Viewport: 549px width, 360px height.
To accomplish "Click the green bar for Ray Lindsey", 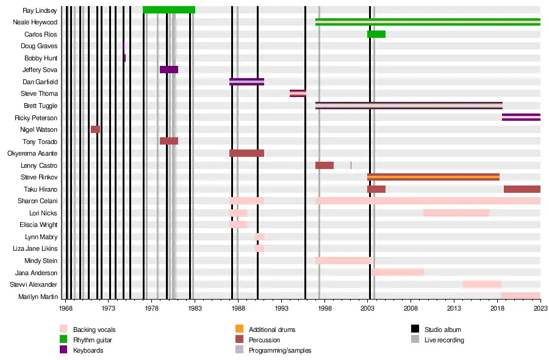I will coord(169,10).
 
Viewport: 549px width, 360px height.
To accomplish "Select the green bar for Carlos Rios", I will coord(376,34).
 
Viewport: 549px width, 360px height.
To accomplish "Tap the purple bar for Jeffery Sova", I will coord(169,70).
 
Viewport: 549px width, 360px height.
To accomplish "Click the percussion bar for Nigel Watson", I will coord(95,129).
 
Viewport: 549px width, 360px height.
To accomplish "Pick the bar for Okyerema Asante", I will coord(246,153).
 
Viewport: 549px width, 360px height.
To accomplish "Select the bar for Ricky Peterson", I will coord(521,117).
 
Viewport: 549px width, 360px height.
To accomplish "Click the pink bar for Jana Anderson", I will coord(398,272).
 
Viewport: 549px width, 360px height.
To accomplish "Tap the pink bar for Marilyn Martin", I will coord(521,296).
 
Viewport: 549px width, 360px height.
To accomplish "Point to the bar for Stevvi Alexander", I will coord(482,284).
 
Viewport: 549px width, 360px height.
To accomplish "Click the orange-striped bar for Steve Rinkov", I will coord(433,177).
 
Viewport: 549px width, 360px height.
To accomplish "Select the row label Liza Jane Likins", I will coord(35,249).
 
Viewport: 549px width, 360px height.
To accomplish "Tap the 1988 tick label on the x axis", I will coord(238,309).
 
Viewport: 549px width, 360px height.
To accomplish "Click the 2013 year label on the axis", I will coord(454,309).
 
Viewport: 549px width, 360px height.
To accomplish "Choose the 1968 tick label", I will coord(65,309).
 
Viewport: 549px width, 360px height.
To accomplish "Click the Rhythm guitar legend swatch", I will coord(63,340).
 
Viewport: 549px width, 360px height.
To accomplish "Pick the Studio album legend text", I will coord(443,329).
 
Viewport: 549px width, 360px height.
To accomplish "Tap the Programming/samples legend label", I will coord(280,350).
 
